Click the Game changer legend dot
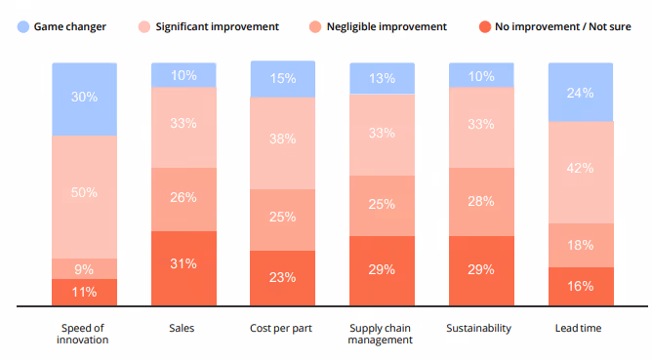coord(22,26)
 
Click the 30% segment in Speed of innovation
coord(85,98)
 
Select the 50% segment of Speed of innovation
coord(85,193)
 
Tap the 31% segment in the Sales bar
coord(183,263)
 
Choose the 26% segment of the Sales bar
coord(183,197)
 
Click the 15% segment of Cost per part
coord(283,79)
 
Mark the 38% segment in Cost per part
coord(283,139)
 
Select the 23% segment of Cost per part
coord(283,277)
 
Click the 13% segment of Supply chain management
coord(382,79)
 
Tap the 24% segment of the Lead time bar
coord(581,94)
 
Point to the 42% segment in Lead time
coord(581,168)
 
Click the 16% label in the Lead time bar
coord(581,286)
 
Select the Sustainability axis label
coord(481,328)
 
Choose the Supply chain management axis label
coord(382,334)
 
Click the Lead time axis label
coord(581,328)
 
